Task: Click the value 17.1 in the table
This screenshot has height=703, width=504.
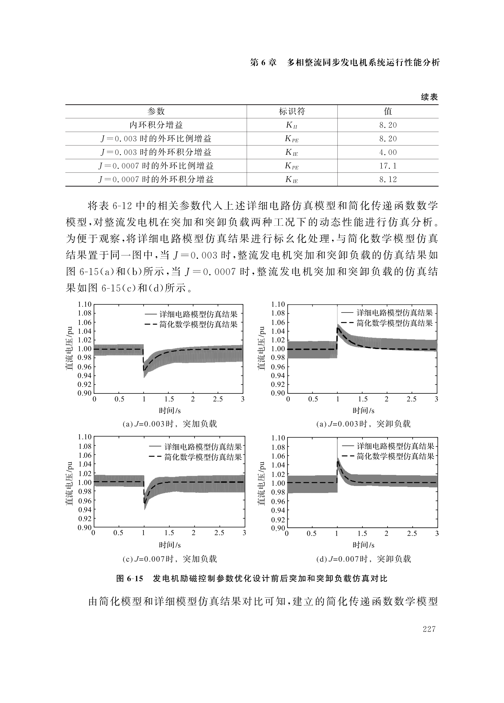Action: coord(388,166)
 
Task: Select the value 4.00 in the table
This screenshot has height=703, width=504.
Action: coord(388,152)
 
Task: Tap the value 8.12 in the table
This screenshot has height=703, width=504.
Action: coord(388,179)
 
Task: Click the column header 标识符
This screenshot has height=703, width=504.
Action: coord(292,111)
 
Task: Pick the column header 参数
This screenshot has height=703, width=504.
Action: coord(156,111)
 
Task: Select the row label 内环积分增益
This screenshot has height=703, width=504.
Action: coord(156,125)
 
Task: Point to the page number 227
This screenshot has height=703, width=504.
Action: coord(429,629)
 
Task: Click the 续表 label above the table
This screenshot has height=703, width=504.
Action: coord(429,97)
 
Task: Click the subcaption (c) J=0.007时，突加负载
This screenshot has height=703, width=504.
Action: coord(170,559)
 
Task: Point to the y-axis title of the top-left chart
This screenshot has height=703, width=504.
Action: coord(69,348)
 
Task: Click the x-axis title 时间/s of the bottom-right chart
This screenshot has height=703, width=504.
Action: coord(363,545)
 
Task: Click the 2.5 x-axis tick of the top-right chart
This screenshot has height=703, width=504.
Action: coord(411,399)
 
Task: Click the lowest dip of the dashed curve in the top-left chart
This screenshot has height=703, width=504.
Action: coord(144,370)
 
